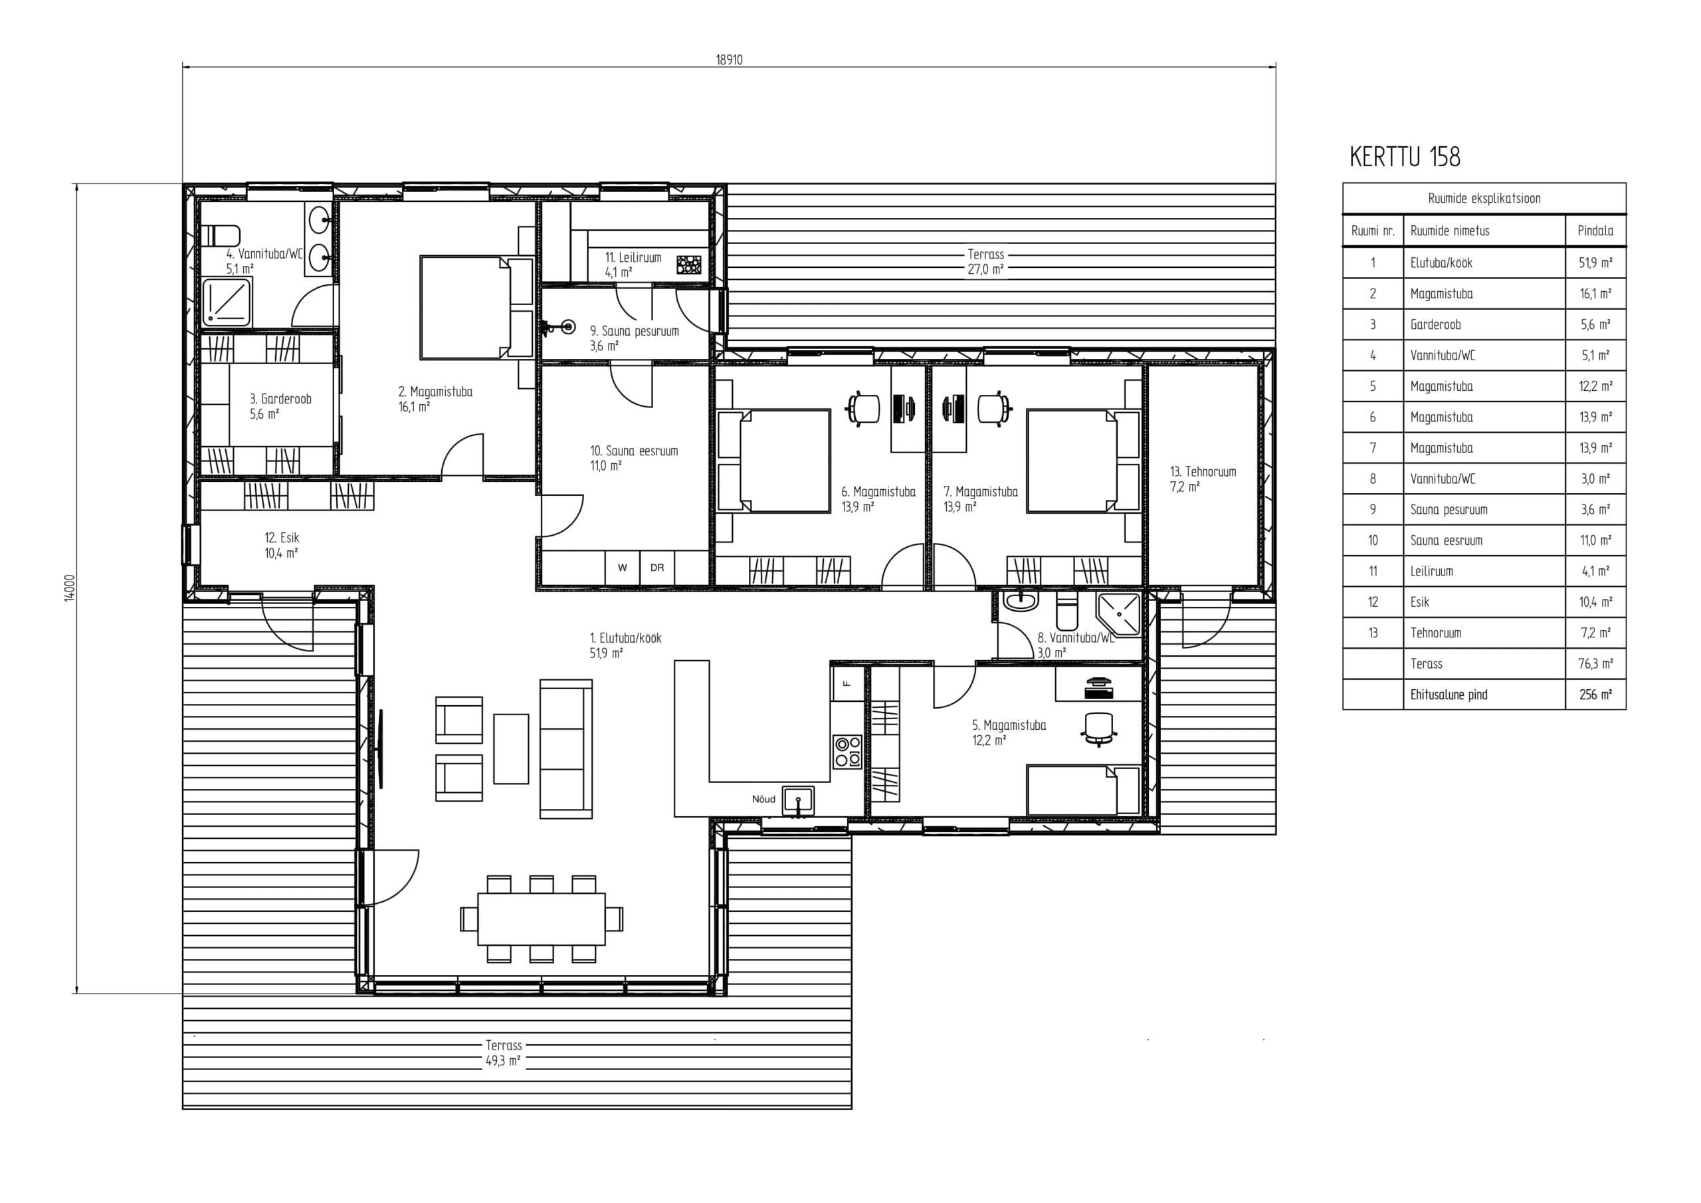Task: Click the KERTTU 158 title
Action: pos(1405,157)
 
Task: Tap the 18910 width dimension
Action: pos(729,60)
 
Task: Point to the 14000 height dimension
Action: pos(70,588)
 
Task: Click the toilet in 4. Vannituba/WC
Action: pos(221,236)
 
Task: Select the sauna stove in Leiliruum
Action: pos(689,265)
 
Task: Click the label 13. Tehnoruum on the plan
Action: pos(1203,471)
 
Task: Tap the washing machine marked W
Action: pos(623,568)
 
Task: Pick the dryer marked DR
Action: pos(657,568)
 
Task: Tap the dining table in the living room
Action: pos(542,919)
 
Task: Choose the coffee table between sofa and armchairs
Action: pos(511,748)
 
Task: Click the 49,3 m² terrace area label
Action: pos(503,1061)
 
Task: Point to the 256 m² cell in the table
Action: pos(1595,695)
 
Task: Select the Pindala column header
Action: pos(1595,231)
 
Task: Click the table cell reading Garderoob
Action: pos(1436,324)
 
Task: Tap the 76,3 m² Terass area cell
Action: pos(1595,663)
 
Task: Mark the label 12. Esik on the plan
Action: pos(282,538)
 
